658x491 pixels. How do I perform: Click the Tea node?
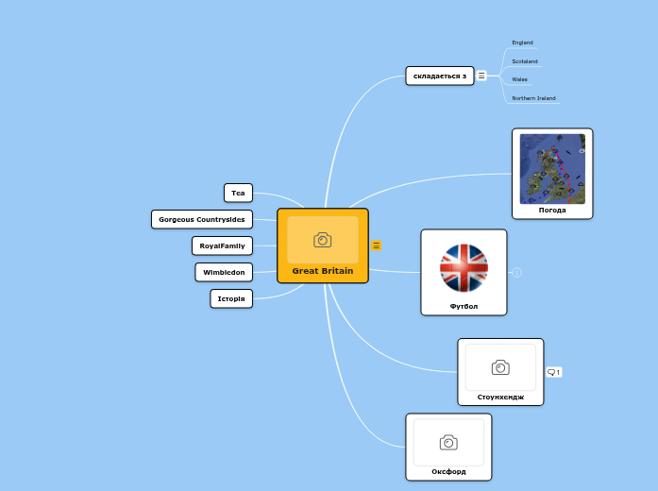[x=238, y=193]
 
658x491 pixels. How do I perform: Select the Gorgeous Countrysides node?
[x=202, y=219]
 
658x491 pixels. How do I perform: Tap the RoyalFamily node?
[x=223, y=245]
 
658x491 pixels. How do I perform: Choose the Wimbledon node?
[x=224, y=272]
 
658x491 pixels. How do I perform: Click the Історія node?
[x=231, y=298]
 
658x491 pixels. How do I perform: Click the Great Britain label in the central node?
[x=323, y=271]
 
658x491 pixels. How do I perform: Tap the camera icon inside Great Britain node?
[x=323, y=240]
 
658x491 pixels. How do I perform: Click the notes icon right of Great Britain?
[x=377, y=245]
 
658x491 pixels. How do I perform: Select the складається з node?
[x=440, y=76]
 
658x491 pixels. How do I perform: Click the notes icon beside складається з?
[x=481, y=76]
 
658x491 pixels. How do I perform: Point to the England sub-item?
[x=522, y=42]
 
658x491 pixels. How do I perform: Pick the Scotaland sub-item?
[x=525, y=61]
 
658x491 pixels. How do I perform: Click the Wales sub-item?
[x=519, y=79]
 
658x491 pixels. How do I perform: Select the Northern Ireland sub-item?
[x=533, y=98]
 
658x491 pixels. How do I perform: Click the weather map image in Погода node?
[x=552, y=168]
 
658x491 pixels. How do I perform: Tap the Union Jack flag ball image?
[x=464, y=267]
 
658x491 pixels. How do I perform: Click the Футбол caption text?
[x=464, y=306]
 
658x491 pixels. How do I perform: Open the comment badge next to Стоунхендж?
[x=554, y=372]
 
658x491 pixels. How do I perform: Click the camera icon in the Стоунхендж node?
[x=500, y=367]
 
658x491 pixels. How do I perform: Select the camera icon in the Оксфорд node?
[x=448, y=442]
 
